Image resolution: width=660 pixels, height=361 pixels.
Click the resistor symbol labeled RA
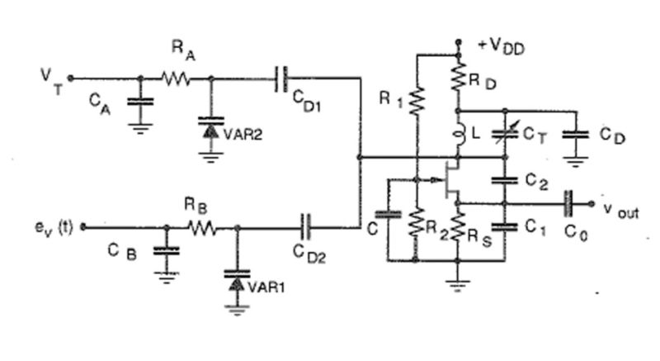pos(176,79)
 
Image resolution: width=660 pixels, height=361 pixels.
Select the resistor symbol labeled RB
pos(201,227)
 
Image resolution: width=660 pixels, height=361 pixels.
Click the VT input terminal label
pos(51,80)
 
